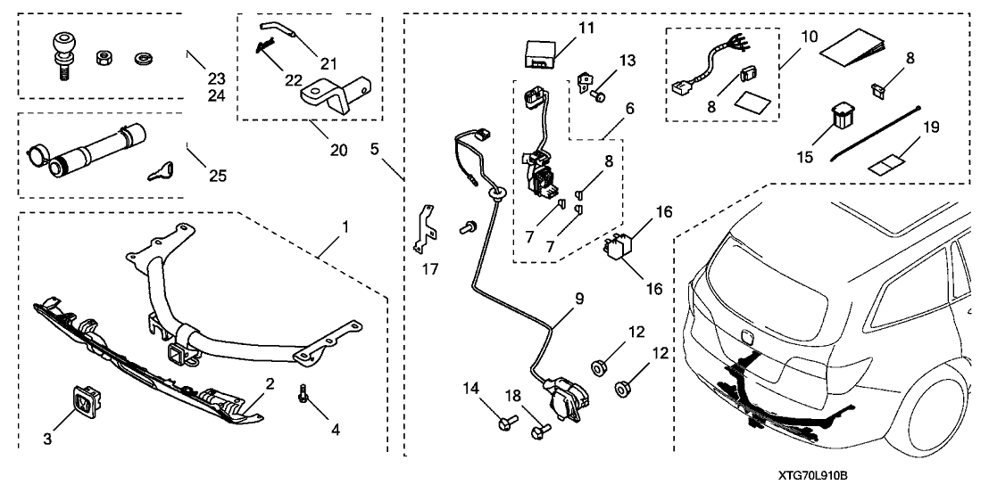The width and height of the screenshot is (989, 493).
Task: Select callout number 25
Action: point(216,176)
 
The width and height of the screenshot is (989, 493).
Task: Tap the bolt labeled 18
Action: point(539,432)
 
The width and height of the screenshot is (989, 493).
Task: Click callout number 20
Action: point(337,150)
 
